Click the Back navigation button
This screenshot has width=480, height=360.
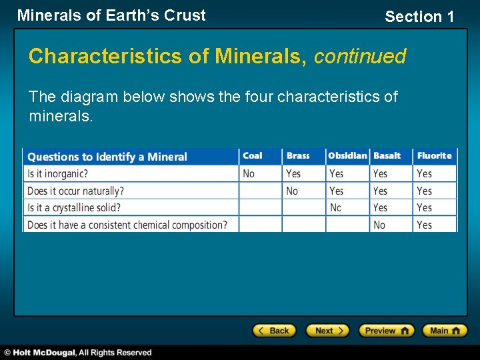point(273,331)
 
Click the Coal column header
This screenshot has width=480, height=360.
point(253,156)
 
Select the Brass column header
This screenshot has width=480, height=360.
point(298,156)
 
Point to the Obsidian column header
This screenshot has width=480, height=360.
point(347,156)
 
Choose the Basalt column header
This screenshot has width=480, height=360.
point(387,156)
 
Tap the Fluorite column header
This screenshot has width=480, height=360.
point(434,156)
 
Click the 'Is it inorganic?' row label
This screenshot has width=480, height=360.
point(58,173)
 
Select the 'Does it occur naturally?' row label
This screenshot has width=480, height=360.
point(75,191)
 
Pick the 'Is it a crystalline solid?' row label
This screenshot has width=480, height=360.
point(74,208)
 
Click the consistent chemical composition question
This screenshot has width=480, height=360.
point(127,225)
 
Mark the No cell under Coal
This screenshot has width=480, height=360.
point(249,173)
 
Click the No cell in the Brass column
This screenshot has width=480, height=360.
point(292,191)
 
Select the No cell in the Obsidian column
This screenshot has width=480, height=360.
point(335,208)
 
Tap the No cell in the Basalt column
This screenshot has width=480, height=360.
point(379,225)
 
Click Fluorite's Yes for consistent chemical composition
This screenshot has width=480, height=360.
point(424,225)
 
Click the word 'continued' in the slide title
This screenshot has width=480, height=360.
point(359,57)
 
